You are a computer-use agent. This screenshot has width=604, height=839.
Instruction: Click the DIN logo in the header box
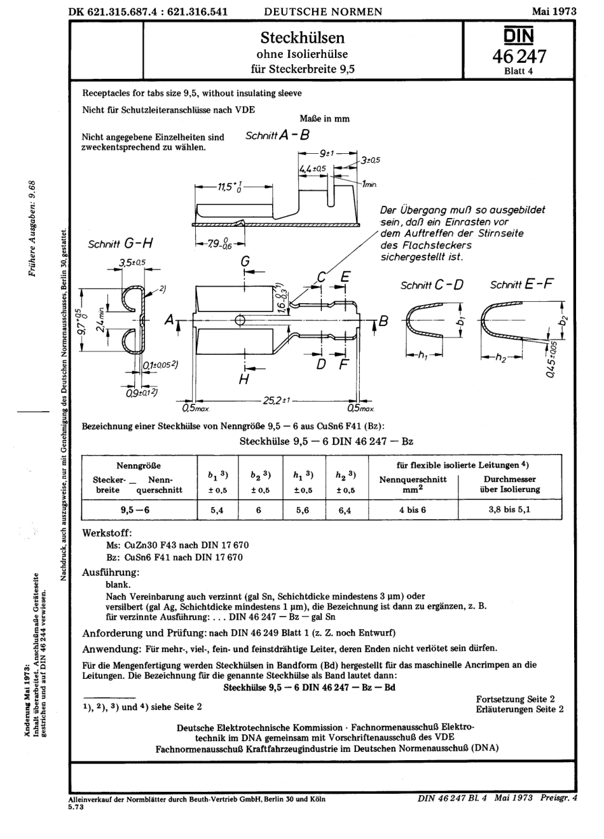(519, 35)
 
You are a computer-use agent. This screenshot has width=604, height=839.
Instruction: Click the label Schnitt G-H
(121, 243)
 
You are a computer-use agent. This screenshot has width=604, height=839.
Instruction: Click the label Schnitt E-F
(521, 284)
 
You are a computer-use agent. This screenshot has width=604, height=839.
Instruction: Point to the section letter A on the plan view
(169, 322)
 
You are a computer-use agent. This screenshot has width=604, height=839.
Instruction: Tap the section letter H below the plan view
(244, 379)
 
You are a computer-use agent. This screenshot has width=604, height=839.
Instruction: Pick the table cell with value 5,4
(217, 510)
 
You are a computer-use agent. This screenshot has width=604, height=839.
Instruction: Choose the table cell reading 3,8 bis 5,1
(510, 510)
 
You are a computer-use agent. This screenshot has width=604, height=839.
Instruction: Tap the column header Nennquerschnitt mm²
(413, 484)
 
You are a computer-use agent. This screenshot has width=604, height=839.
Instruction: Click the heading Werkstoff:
(107, 533)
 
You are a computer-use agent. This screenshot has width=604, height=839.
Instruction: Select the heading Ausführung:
(111, 572)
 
